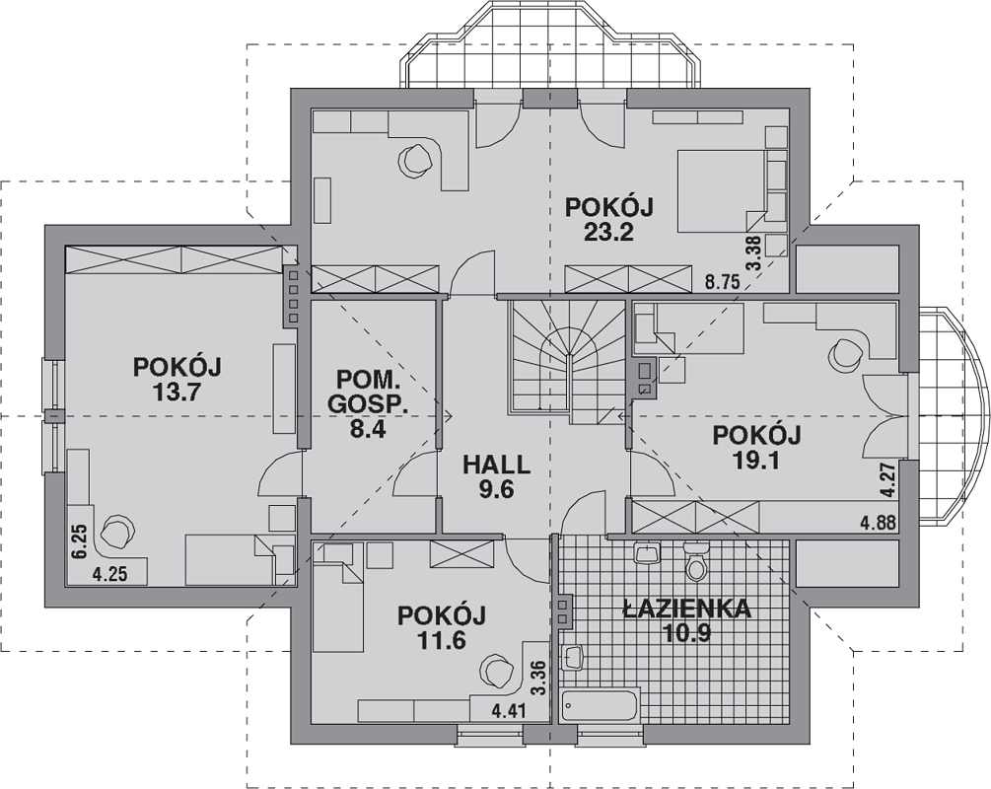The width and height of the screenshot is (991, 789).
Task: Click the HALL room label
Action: (x=497, y=465)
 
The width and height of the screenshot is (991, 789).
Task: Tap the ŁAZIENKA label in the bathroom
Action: (x=686, y=609)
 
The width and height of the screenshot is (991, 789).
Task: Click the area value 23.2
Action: (x=608, y=233)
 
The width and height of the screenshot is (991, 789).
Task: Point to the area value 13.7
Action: (x=177, y=393)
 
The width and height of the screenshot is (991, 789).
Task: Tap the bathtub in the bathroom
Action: (x=601, y=705)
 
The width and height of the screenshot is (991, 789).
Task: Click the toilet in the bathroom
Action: (x=696, y=563)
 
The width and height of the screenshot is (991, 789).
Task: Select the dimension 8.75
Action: (x=723, y=282)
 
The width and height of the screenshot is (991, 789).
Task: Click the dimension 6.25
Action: (x=78, y=541)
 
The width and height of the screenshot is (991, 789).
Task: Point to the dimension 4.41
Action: (x=509, y=712)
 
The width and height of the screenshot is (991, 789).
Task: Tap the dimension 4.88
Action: (x=878, y=523)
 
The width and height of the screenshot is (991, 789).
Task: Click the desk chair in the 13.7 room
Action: (x=118, y=531)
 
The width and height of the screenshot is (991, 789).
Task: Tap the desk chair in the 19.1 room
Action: (x=845, y=355)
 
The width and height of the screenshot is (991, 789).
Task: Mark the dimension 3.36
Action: (x=537, y=679)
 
